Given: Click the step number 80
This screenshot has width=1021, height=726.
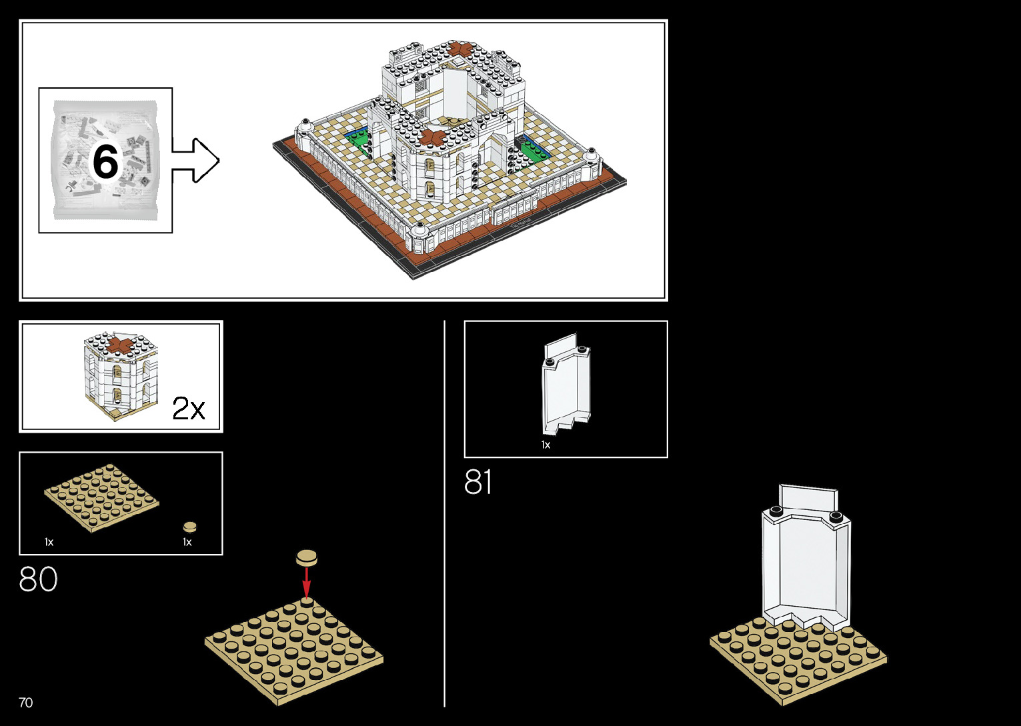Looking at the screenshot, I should (x=38, y=579).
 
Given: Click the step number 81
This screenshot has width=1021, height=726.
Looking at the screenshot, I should (x=478, y=482).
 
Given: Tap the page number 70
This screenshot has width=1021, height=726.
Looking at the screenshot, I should (x=25, y=703).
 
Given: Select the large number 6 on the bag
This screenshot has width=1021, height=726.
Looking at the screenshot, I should (x=105, y=161).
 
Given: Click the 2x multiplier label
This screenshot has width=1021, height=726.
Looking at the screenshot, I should (x=188, y=408).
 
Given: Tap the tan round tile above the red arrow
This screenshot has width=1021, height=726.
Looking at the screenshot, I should (x=307, y=557).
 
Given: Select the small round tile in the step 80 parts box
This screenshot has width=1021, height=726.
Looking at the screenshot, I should (x=190, y=527).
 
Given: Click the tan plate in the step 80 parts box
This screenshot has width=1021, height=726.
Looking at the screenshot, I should (x=101, y=497).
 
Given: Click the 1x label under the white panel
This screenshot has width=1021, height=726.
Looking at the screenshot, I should (x=546, y=445).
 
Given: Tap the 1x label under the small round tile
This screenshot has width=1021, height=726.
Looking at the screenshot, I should (x=187, y=542).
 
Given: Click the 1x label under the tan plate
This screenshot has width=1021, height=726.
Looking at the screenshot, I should (x=49, y=542).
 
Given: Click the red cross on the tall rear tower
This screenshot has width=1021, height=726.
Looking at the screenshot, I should (x=459, y=49).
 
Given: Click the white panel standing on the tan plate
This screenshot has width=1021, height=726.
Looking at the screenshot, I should (x=806, y=560).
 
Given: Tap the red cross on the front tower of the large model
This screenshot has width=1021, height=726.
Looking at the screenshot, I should (x=429, y=137).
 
